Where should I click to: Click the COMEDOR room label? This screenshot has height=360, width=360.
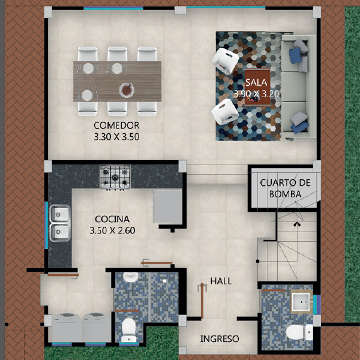coord(116,125)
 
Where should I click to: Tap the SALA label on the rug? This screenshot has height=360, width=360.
coord(256,82)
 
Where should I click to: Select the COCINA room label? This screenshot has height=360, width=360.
coord(112,219)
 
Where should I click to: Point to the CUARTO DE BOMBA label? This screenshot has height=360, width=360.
coord(285,188)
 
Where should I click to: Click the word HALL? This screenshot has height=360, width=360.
coord(221,281)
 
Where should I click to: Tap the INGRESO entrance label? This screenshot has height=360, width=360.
coord(220,338)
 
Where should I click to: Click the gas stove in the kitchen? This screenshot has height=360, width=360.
coord(115,177)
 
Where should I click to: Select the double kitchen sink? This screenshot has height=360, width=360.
coord(59,223)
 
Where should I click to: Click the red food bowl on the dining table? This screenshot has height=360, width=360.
coord(127,90)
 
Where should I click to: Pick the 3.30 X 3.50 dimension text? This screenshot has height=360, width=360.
coord(116,137)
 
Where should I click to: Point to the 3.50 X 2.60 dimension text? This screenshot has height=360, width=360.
coord(112,230)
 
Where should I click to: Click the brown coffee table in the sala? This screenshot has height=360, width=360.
coord(257,87)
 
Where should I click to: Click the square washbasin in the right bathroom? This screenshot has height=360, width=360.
coord(302,302)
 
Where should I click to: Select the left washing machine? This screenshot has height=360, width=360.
coord(67,328)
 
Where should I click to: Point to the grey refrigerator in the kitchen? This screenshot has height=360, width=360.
coord(168,206)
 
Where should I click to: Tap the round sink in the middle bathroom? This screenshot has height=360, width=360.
coord(131,277)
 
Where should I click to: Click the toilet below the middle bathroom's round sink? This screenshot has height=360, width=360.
coord(128,329)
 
